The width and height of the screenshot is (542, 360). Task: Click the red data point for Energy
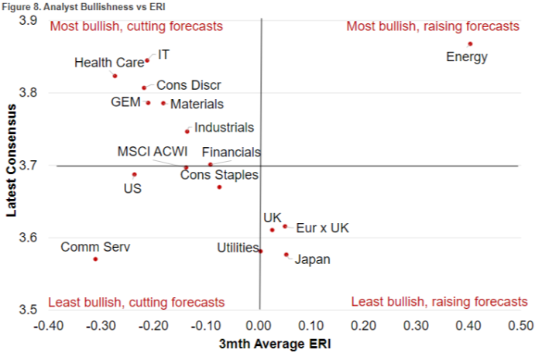pos(470,44)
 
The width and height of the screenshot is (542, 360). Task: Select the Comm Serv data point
pos(95,259)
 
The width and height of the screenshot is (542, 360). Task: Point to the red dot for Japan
pos(286,254)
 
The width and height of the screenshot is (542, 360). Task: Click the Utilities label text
pos(238,248)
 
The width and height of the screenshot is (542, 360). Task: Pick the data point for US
pos(134,174)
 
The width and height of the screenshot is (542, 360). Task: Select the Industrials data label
pos(224,128)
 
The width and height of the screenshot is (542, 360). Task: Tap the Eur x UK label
pos(323,228)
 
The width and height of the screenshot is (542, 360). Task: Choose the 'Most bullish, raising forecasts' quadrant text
pos(433,26)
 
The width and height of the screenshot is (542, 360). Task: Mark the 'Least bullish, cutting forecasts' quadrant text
pos(136,302)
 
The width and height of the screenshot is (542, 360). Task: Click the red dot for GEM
pos(148,103)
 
